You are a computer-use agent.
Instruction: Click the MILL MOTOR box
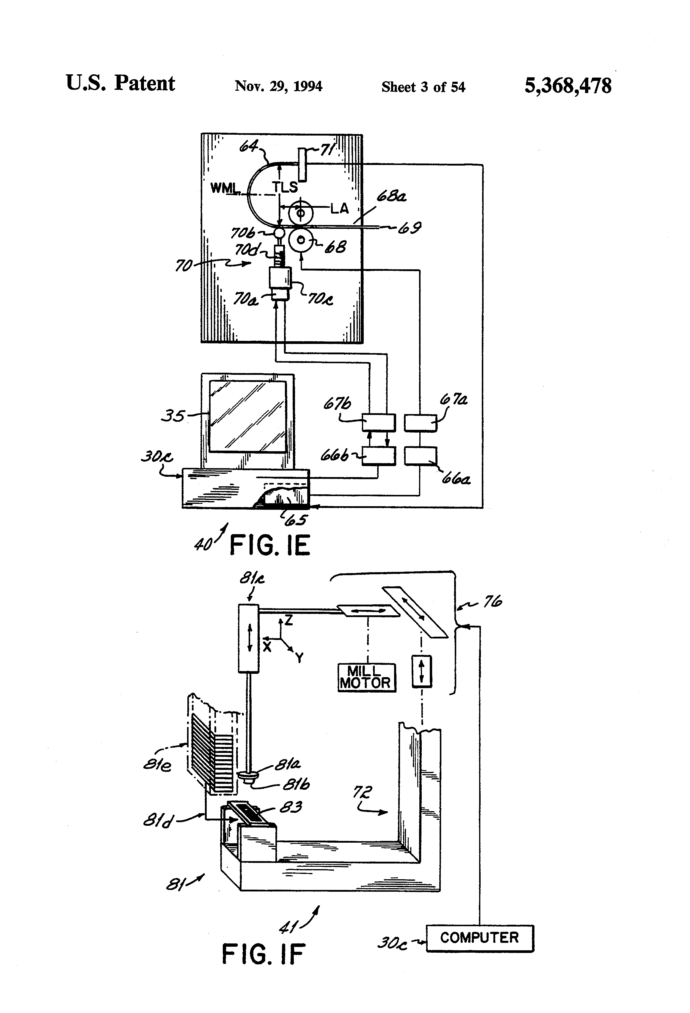click(367, 678)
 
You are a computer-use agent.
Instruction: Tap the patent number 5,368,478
click(568, 85)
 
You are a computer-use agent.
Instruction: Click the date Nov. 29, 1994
click(279, 86)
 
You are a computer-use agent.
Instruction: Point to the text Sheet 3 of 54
click(423, 87)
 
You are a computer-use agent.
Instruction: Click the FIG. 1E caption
click(269, 545)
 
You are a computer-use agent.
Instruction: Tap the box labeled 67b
click(379, 422)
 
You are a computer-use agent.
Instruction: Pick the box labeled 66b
click(379, 456)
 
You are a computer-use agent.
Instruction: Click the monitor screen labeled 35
click(248, 417)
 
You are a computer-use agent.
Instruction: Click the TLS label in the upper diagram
click(285, 188)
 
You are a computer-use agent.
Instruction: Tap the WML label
click(225, 188)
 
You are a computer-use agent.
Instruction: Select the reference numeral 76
click(493, 602)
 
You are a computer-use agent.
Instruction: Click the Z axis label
click(288, 620)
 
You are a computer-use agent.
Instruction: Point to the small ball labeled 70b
click(279, 234)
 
